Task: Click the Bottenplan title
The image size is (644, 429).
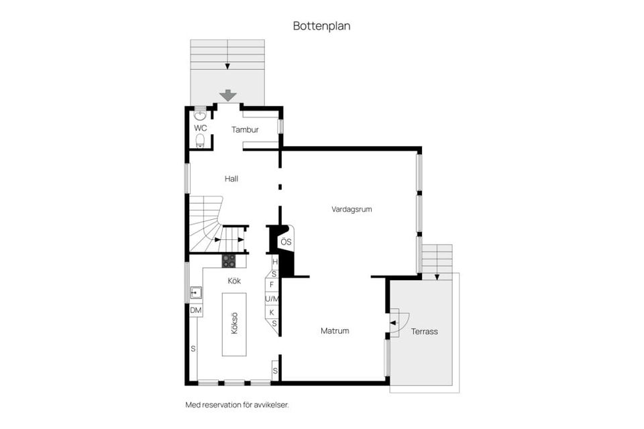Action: pos(321,26)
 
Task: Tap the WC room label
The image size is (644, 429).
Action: pos(200,127)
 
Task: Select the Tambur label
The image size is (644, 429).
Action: pos(245,129)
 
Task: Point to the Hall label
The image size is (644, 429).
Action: pos(231,179)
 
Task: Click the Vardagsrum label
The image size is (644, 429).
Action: pos(352,209)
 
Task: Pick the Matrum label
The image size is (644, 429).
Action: pos(334,330)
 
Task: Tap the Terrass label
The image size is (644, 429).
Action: pos(424,331)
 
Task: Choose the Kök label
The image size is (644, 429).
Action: pos(234,281)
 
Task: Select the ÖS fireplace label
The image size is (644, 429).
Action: pos(286,242)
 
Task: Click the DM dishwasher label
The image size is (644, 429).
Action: pos(196,310)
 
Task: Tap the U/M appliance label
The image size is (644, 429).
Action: pos(272,299)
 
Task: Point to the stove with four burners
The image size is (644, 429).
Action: pos(229,261)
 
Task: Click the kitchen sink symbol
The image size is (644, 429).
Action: pos(196,292)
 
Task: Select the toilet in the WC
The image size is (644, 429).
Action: pos(200,141)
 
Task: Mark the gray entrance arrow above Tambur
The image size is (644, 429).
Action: pos(228,96)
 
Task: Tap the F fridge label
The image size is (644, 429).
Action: pos(272,285)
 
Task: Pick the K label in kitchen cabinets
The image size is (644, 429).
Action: pos(272,312)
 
